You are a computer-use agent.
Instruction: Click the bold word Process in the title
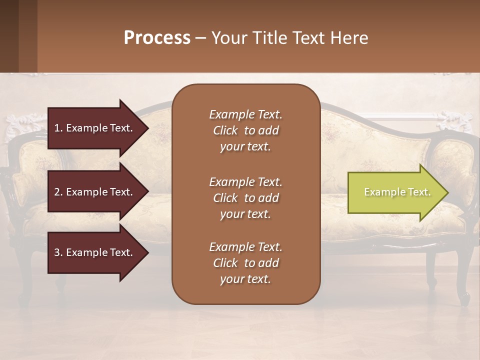157,38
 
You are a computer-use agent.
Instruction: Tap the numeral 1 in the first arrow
57,128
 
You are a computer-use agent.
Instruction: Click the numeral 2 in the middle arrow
57,192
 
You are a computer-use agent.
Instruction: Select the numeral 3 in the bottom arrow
57,252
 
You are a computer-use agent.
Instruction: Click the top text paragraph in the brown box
245,130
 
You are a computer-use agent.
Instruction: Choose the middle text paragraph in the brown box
245,197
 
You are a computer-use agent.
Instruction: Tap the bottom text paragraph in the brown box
245,263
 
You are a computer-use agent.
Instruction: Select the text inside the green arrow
397,192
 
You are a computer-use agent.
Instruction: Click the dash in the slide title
201,38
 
